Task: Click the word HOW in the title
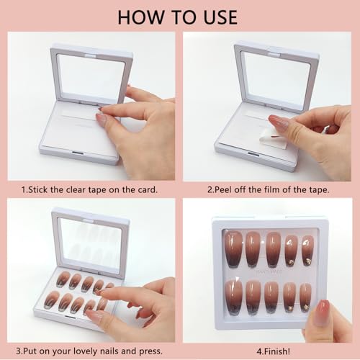(x=142, y=16)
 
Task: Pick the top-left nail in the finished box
(x=234, y=248)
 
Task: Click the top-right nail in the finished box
(x=307, y=251)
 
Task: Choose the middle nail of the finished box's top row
(x=273, y=248)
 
